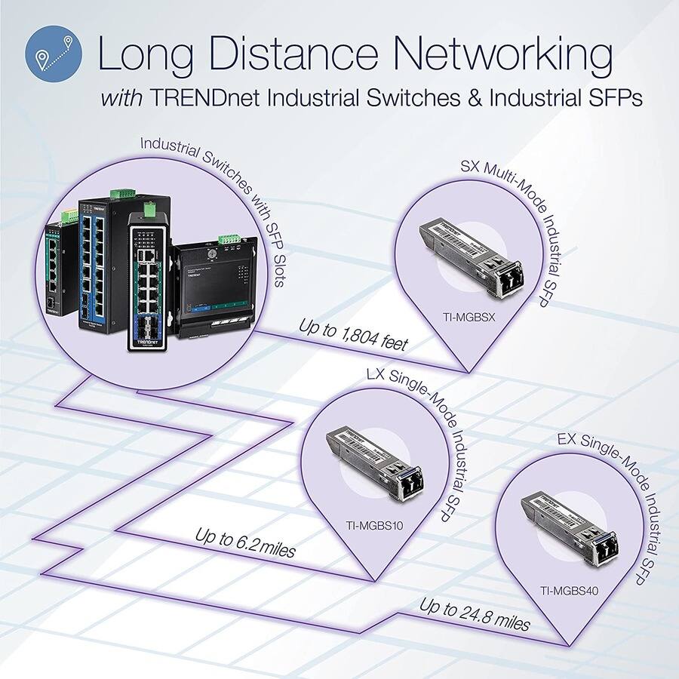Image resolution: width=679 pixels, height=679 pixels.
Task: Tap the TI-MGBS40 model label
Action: tap(570, 591)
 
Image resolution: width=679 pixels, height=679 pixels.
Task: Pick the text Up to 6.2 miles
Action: tap(245, 542)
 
